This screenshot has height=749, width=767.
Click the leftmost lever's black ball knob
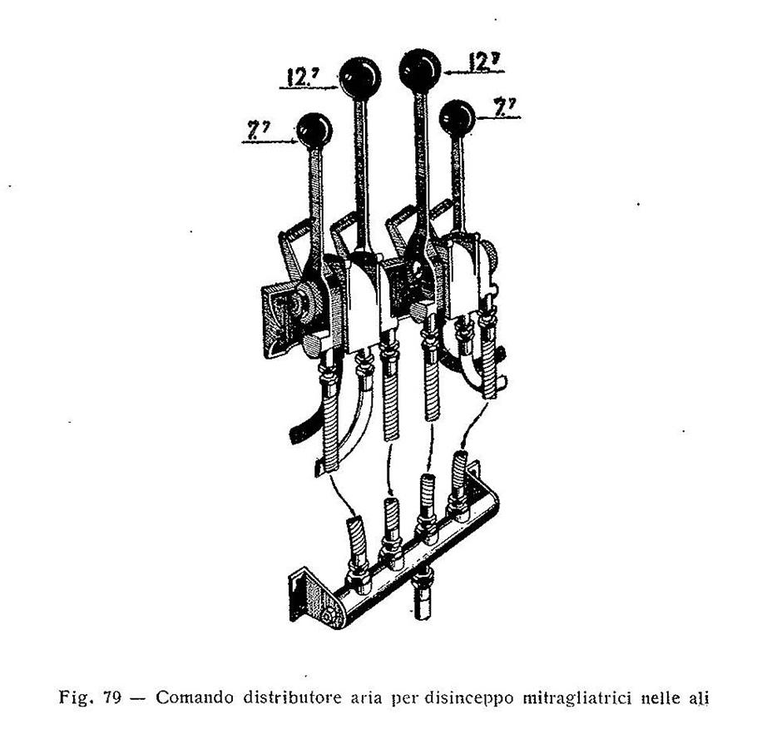click(x=314, y=131)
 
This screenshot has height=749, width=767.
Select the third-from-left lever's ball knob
click(x=420, y=69)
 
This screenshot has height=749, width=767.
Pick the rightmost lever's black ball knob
click(x=457, y=118)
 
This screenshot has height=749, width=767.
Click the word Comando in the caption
click(x=194, y=697)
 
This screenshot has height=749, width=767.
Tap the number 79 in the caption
click(x=112, y=697)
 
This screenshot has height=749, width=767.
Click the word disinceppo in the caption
click(x=468, y=698)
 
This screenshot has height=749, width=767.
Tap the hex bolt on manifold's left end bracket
click(x=328, y=615)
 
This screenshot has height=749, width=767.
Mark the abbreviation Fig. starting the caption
click(x=76, y=697)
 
